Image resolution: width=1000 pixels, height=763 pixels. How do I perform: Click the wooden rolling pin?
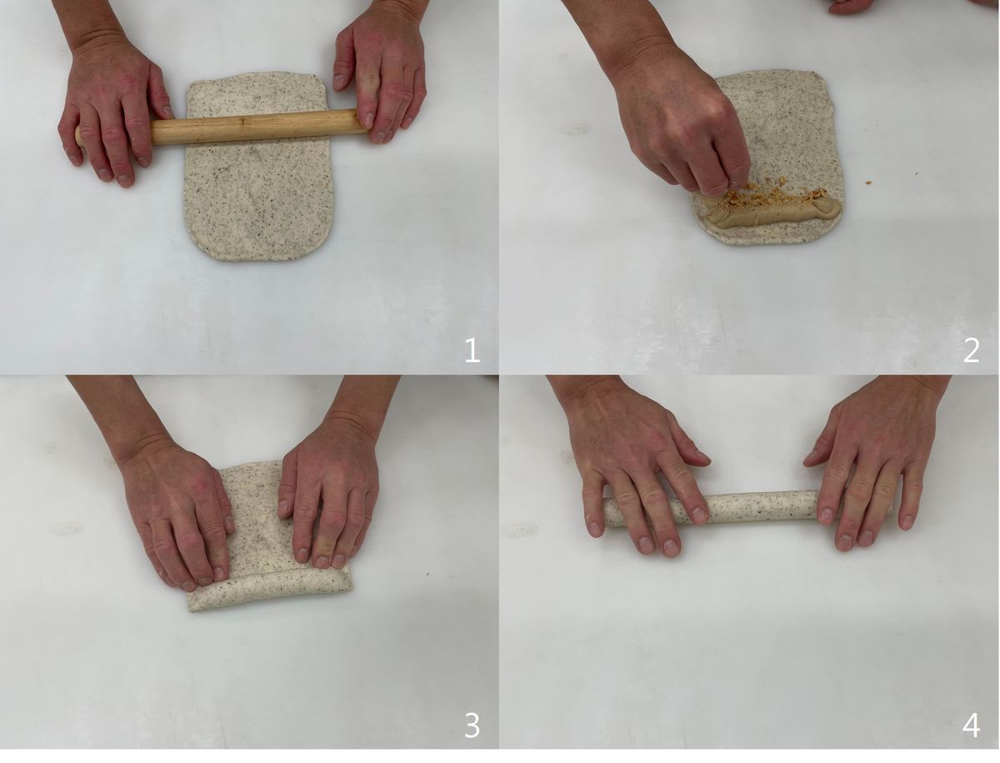tap(223, 127)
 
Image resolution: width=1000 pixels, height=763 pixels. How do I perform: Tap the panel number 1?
tap(472, 350)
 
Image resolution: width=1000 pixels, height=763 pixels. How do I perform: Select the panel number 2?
tap(971, 350)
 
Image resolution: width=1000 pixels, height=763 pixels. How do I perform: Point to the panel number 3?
tap(472, 725)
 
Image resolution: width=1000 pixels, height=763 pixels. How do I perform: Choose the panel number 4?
tap(971, 725)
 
